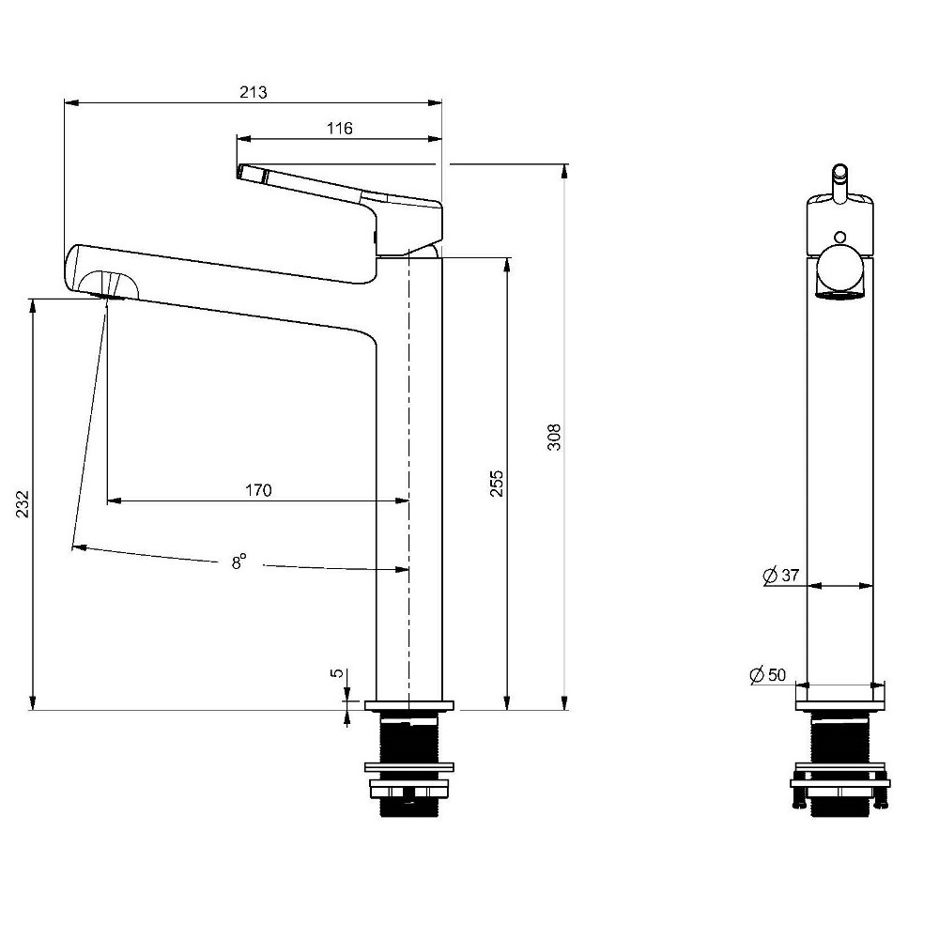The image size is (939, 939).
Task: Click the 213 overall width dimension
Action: [254, 92]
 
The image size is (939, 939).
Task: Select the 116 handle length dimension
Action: [340, 128]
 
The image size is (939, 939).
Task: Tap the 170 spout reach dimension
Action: [259, 490]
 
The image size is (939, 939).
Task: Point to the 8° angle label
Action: [239, 562]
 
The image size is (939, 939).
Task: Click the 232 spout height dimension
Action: [23, 504]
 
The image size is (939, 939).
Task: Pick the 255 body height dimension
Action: [497, 484]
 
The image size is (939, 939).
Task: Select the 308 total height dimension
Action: [555, 437]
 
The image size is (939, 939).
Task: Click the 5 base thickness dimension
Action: [338, 673]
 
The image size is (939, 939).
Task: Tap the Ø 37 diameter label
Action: [781, 575]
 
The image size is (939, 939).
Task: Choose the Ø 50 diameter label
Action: [768, 675]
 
